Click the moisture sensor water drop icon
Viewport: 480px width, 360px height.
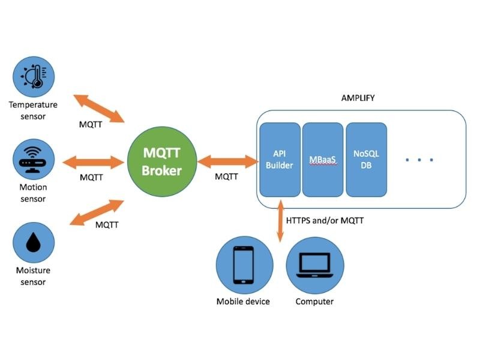point(34,244)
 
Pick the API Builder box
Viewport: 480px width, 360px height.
point(280,160)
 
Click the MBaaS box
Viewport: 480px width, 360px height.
point(323,160)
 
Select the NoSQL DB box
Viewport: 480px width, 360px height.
point(366,160)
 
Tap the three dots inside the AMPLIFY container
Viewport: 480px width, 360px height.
point(419,160)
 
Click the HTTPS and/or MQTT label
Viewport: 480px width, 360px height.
point(325,221)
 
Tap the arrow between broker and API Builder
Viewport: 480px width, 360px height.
point(227,161)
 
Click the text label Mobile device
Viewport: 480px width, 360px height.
point(243,301)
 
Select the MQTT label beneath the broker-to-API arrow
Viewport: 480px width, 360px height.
point(226,176)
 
